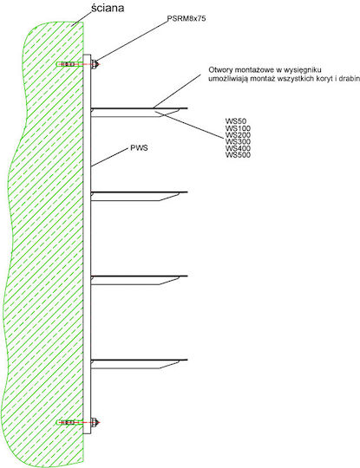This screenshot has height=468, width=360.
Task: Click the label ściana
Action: pyautogui.click(x=108, y=8)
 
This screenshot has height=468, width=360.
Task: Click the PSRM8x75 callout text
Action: pyautogui.click(x=187, y=18)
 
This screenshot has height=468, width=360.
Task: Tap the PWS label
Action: pyautogui.click(x=139, y=148)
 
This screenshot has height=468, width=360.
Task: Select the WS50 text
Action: pyautogui.click(x=236, y=121)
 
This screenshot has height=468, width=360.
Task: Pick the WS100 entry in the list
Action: pyautogui.click(x=238, y=128)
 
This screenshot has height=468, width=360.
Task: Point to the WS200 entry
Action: pyautogui.click(x=238, y=135)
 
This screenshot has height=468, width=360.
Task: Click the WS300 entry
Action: pyautogui.click(x=238, y=141)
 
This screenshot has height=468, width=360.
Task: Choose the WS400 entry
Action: pyautogui.click(x=238, y=148)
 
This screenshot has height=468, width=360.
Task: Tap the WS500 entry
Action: pyautogui.click(x=238, y=154)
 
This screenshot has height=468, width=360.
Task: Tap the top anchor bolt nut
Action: pyautogui.click(x=94, y=64)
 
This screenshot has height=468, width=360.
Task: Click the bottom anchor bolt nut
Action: pyautogui.click(x=94, y=422)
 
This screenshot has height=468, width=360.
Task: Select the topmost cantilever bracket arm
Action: pyautogui.click(x=139, y=112)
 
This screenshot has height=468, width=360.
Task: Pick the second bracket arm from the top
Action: pyautogui.click(x=139, y=196)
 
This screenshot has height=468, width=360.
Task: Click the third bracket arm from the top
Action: pyautogui.click(x=139, y=280)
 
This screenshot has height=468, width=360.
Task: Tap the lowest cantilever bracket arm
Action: pyautogui.click(x=139, y=363)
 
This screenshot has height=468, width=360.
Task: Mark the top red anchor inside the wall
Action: pyautogui.click(x=69, y=64)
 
